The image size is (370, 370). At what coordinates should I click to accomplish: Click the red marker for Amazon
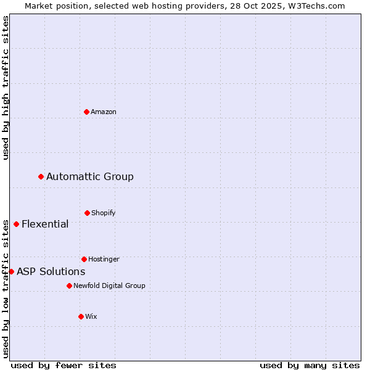click(x=86, y=112)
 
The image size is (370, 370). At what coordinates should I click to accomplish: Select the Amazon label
click(x=104, y=112)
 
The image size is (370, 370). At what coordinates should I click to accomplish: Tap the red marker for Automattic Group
click(x=41, y=177)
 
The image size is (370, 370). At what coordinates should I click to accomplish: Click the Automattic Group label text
click(x=90, y=177)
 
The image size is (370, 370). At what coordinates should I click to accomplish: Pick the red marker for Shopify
click(x=87, y=213)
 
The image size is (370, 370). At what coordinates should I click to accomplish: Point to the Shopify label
click(x=104, y=213)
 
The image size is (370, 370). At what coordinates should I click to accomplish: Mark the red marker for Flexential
click(x=16, y=224)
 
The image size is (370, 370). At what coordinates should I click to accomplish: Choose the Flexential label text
click(x=45, y=224)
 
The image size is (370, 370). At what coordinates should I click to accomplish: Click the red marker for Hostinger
click(x=84, y=259)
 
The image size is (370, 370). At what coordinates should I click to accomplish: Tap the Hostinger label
click(x=104, y=259)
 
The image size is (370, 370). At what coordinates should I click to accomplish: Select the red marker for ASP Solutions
click(x=11, y=271)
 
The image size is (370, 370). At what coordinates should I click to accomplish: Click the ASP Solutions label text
click(x=51, y=271)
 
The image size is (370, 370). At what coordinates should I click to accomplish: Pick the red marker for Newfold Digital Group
click(x=69, y=286)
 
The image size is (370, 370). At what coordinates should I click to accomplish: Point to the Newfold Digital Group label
click(x=109, y=286)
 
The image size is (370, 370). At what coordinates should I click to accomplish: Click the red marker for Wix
click(x=81, y=316)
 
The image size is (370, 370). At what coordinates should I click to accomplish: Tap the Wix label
click(x=91, y=316)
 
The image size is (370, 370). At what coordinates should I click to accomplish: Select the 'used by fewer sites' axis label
click(x=64, y=365)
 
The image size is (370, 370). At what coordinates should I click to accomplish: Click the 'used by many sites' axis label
click(x=310, y=365)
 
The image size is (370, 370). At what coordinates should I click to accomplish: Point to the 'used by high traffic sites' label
click(x=6, y=88)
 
